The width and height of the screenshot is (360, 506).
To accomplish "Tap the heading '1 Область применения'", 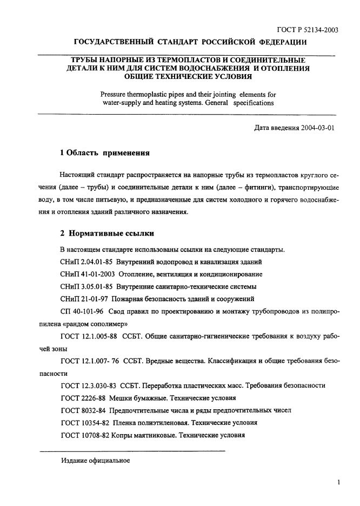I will (104, 153).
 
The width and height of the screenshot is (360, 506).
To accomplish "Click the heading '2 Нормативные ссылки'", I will (107, 234).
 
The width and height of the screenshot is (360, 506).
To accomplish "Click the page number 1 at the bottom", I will (337, 482).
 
